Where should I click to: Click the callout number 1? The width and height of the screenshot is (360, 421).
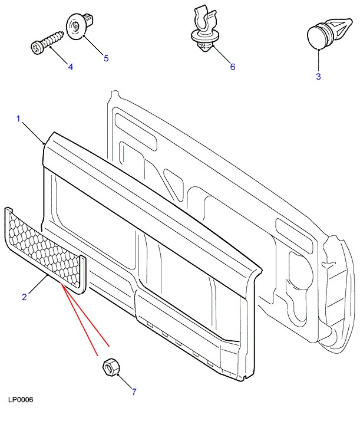(19, 119)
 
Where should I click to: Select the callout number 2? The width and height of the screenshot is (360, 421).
(24, 297)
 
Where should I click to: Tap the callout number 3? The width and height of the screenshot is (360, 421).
(318, 76)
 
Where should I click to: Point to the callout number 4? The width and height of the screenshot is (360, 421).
(71, 67)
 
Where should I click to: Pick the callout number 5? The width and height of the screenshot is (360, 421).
(106, 58)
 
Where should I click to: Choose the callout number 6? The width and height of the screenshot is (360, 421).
(232, 67)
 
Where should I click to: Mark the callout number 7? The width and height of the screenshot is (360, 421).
(134, 392)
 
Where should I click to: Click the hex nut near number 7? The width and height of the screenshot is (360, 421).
(110, 367)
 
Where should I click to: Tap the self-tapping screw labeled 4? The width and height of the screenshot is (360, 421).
(45, 42)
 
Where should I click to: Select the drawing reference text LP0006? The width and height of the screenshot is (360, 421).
(21, 400)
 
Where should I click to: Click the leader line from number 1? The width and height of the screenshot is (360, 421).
(33, 132)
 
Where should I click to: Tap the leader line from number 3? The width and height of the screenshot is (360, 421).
(318, 59)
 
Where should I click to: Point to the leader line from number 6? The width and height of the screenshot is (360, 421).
(220, 54)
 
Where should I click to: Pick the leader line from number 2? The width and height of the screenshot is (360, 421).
(37, 284)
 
